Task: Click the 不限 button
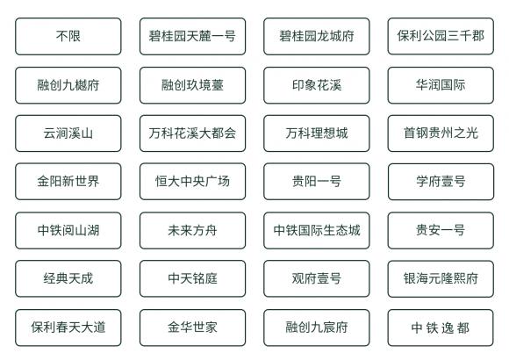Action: pyautogui.click(x=68, y=36)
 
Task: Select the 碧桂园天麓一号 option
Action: pyautogui.click(x=192, y=36)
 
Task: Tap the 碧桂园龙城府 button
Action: pyautogui.click(x=317, y=36)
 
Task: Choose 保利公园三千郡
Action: pyautogui.click(x=441, y=36)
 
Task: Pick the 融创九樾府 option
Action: pyautogui.click(x=68, y=85)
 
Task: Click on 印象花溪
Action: pyautogui.click(x=317, y=85)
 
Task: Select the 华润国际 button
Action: pyautogui.click(x=441, y=85)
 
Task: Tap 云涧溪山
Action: pyautogui.click(x=68, y=133)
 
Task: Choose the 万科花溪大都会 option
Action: pyautogui.click(x=192, y=133)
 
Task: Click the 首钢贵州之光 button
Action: pyautogui.click(x=441, y=133)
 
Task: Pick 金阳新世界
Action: pyautogui.click(x=68, y=181)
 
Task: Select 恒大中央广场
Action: pyautogui.click(x=192, y=181)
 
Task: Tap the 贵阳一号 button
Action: pyautogui.click(x=317, y=181)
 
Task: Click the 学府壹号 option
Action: pyautogui.click(x=441, y=182)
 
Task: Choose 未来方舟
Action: pyautogui.click(x=192, y=231)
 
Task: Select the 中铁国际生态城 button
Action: pyautogui.click(x=317, y=231)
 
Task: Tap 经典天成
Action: pyautogui.click(x=68, y=278)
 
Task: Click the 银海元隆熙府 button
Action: pyautogui.click(x=441, y=278)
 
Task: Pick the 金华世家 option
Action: pyautogui.click(x=192, y=328)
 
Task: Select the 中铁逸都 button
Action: pyautogui.click(x=441, y=328)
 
